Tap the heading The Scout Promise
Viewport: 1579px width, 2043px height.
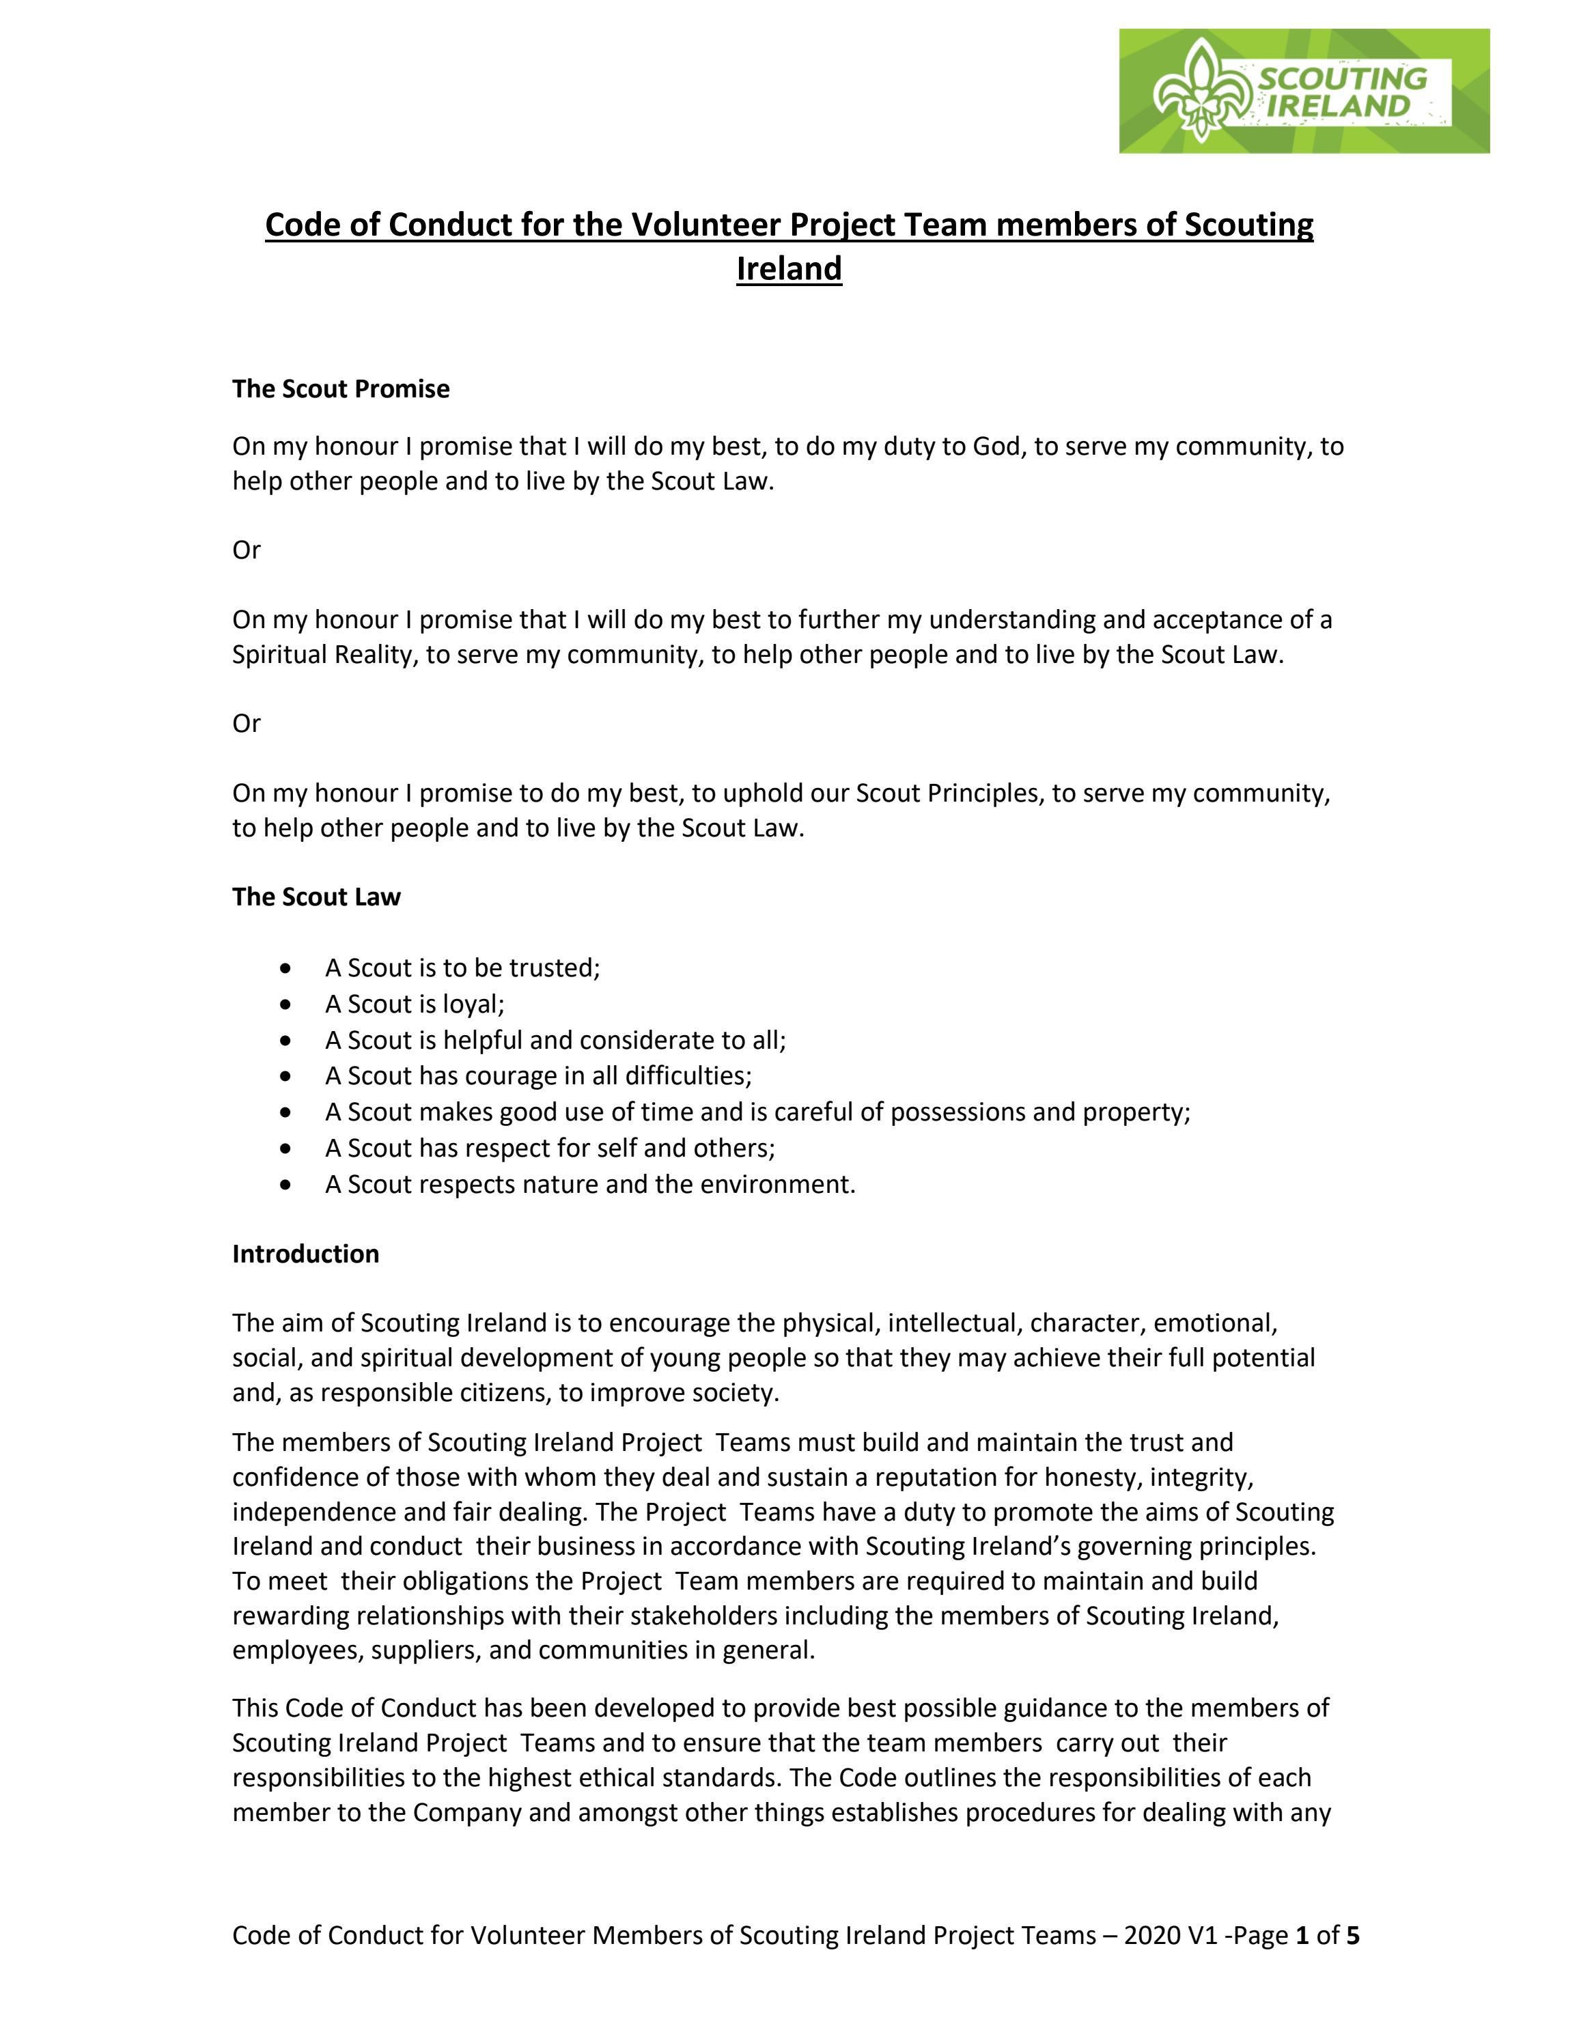click(x=341, y=389)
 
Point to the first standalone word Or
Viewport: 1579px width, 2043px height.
click(x=246, y=550)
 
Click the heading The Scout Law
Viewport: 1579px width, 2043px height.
click(x=316, y=897)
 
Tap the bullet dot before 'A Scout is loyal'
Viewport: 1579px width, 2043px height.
click(x=285, y=1004)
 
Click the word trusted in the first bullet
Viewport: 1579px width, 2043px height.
click(x=554, y=968)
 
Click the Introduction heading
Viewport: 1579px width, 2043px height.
click(x=306, y=1254)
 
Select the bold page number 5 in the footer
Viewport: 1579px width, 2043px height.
click(x=1353, y=1935)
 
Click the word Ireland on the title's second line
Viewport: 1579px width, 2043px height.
click(x=789, y=270)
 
